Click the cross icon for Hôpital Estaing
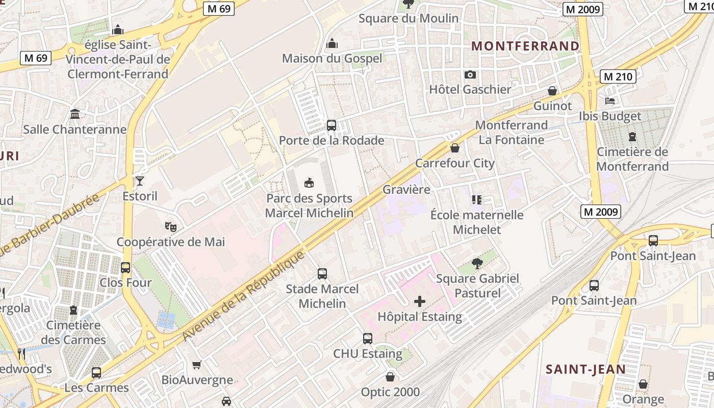point(419,301)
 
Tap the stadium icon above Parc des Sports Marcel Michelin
point(309,183)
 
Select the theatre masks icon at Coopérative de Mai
point(170,226)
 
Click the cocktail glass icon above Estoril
point(140,181)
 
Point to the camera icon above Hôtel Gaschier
point(470,74)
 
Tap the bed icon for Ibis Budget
point(609,100)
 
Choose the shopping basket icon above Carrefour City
point(454,148)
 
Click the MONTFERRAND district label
point(525,46)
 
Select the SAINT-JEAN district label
point(585,369)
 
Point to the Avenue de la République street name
point(243,296)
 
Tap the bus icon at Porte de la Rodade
point(331,125)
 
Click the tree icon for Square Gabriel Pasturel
point(477,263)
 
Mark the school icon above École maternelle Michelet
point(477,199)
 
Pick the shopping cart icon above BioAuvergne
point(197,365)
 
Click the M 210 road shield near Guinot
point(618,77)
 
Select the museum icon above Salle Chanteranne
point(75,114)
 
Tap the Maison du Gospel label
point(332,58)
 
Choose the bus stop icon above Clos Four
point(125,267)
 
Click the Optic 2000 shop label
point(390,392)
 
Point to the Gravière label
point(406,189)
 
